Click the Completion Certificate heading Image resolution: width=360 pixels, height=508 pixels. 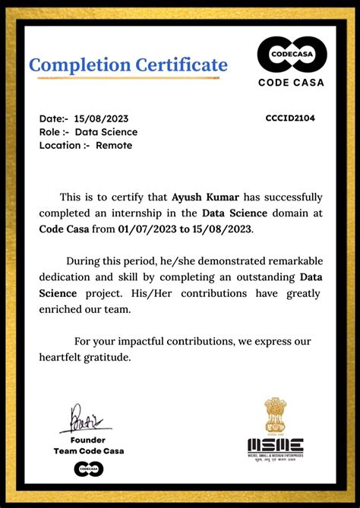pyautogui.click(x=128, y=65)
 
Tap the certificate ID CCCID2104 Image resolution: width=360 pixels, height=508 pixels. pyautogui.click(x=290, y=118)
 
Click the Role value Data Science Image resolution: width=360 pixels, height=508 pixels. pyautogui.click(x=106, y=131)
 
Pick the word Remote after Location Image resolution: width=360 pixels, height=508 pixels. pyautogui.click(x=113, y=145)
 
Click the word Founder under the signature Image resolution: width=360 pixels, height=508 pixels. pyautogui.click(x=88, y=440)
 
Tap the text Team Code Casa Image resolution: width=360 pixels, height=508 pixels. pyautogui.click(x=88, y=451)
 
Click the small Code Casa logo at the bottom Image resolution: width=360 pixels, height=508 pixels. pyautogui.click(x=89, y=469)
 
